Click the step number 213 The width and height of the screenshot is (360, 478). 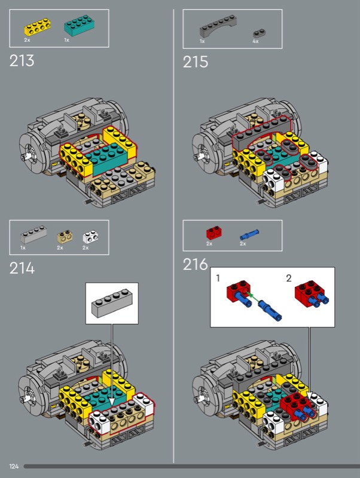22,60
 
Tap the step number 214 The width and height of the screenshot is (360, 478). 22,268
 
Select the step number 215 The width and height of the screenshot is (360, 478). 196,62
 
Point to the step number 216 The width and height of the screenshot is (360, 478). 196,264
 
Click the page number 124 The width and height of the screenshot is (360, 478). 14,466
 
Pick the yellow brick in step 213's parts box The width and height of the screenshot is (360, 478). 37,27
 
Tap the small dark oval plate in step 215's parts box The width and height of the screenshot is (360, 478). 260,33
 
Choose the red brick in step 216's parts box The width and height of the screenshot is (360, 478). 214,233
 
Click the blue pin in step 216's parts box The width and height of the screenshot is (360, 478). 249,235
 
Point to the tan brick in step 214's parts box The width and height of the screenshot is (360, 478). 65,237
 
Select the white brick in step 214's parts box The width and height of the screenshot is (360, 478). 91,237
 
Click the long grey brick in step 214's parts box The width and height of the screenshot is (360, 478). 33,234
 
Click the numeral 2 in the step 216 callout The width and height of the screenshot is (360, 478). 289,278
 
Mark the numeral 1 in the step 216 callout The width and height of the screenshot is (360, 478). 218,278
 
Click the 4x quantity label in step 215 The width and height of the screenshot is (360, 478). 255,41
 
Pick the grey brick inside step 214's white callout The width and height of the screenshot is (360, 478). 112,304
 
